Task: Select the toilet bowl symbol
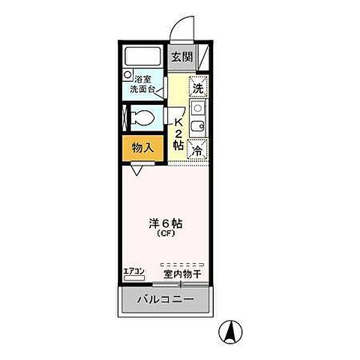click(141, 117)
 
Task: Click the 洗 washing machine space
click(197, 87)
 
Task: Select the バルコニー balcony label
click(165, 301)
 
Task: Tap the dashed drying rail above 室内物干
click(182, 264)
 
